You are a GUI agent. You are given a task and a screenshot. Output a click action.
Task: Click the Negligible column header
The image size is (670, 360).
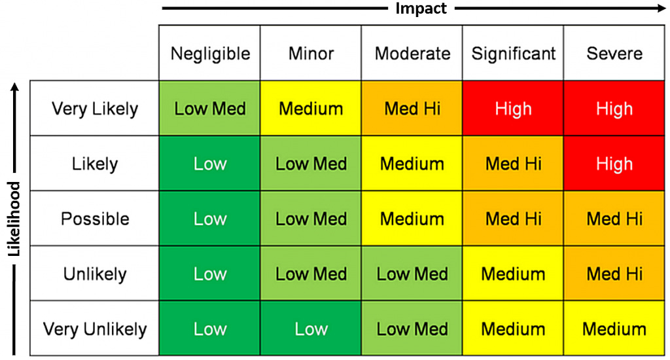210,54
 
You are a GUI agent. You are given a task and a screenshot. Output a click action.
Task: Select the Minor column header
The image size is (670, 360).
311,54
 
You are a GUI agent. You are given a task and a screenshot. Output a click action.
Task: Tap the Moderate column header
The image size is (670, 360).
412,54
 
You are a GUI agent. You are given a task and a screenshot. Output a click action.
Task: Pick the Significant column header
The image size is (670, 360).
513,54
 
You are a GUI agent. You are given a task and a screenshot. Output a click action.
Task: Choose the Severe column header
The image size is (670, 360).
614,54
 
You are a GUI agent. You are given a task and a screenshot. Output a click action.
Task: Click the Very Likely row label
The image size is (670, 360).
95,109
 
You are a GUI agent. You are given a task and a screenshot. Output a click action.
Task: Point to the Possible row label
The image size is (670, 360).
95,219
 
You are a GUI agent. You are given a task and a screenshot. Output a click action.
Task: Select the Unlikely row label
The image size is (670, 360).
95,274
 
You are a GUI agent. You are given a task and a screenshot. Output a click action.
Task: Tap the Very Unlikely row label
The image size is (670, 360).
95,329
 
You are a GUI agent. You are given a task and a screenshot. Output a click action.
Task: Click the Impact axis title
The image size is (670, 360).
421,9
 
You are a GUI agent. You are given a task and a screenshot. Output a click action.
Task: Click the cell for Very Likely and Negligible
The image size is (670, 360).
210,109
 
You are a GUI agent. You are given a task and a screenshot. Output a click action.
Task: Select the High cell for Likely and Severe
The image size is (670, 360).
614,164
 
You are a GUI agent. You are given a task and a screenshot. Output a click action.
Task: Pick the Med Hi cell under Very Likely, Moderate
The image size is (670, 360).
412,109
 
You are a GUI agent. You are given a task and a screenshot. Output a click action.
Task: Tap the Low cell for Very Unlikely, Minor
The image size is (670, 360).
311,329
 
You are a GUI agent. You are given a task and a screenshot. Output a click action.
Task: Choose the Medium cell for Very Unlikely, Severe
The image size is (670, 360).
614,329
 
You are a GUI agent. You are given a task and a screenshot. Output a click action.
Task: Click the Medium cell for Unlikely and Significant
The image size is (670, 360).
513,274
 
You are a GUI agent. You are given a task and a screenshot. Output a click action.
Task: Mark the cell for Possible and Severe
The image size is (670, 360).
614,219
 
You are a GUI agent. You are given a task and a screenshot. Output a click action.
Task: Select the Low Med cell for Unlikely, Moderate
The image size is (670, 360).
412,274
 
